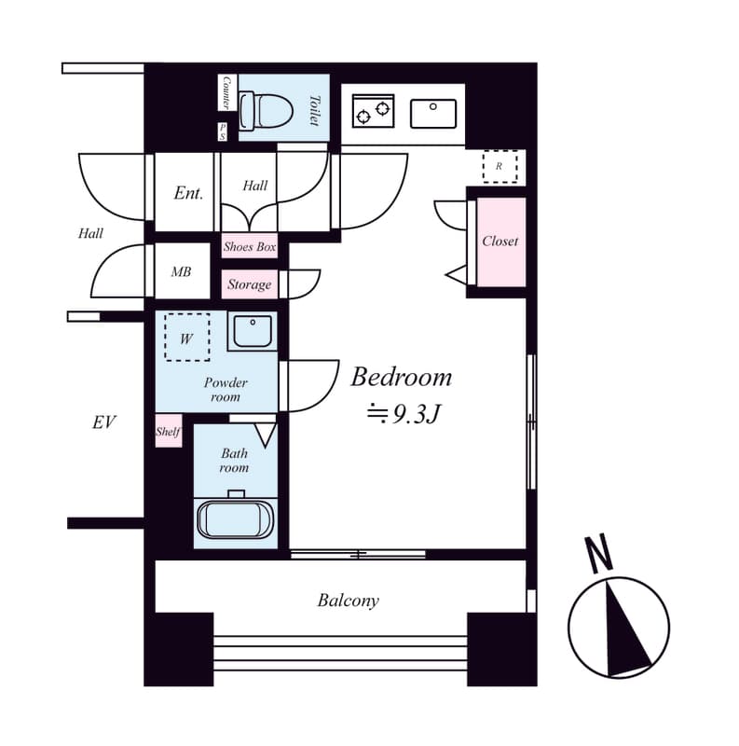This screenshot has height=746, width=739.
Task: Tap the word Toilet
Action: (x=314, y=109)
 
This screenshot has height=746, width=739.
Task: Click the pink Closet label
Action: (x=500, y=241)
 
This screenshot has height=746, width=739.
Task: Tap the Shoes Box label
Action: (x=250, y=247)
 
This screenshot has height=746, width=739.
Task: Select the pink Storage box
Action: (x=250, y=284)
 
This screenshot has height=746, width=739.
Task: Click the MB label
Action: (x=181, y=272)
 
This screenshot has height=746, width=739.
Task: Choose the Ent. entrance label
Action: (x=188, y=193)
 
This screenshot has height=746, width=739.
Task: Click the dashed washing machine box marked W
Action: (x=187, y=338)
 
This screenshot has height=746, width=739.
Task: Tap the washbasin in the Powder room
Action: (x=252, y=331)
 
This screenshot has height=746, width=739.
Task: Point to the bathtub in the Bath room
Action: (x=236, y=518)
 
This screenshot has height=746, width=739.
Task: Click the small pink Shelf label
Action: (x=168, y=432)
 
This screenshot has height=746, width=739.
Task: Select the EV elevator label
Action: (x=103, y=422)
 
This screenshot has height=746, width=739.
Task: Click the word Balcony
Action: (x=348, y=601)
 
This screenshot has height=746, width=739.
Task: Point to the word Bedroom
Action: (x=401, y=377)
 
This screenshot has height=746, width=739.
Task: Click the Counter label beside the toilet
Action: (x=226, y=93)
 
